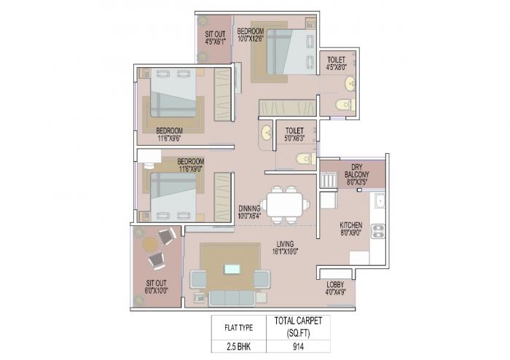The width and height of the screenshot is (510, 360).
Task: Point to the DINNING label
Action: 250,211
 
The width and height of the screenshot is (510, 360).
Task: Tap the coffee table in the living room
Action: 232,270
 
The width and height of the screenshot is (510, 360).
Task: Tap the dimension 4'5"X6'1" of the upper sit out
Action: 214,42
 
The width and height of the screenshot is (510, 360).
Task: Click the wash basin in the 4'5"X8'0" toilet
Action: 350,83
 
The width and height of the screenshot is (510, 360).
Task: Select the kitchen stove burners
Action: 379,232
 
